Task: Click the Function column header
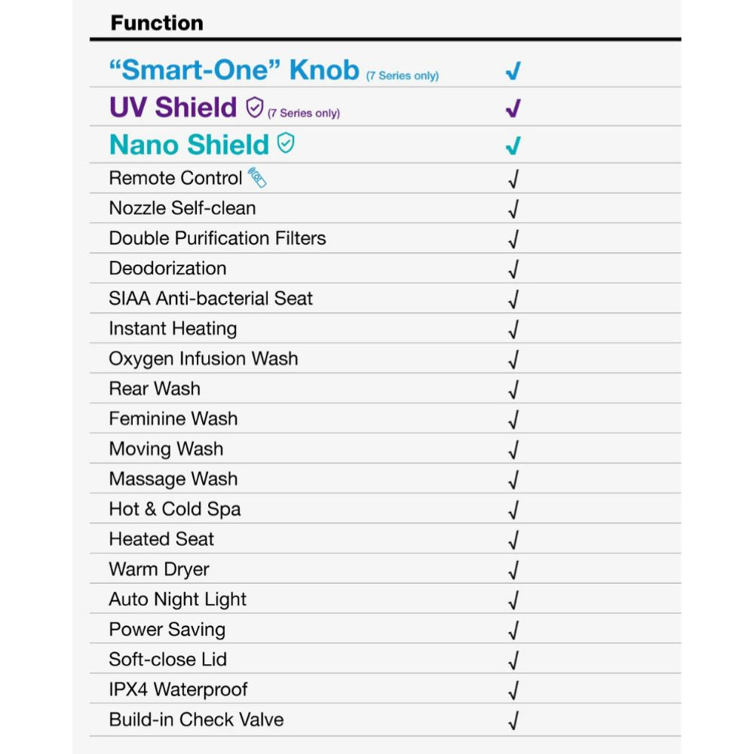point(157,23)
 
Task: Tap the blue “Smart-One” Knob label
point(234,70)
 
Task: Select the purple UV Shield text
point(173,107)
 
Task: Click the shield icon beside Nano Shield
point(286,143)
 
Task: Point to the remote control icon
point(257,178)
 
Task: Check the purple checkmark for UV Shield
point(513,108)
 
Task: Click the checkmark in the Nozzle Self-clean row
point(513,209)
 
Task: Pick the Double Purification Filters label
point(217,238)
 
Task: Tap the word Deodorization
point(167,268)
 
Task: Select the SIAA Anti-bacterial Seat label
point(210,299)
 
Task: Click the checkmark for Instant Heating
point(513,329)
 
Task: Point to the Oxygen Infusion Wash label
point(203,359)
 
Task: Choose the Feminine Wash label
point(173,418)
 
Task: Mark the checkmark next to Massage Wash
point(513,480)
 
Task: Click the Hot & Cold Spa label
point(174,509)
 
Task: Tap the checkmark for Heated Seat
point(513,540)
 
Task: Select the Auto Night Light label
point(177,599)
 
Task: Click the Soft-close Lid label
point(167,659)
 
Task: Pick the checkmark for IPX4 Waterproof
point(513,690)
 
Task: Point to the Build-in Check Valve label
point(196,719)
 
